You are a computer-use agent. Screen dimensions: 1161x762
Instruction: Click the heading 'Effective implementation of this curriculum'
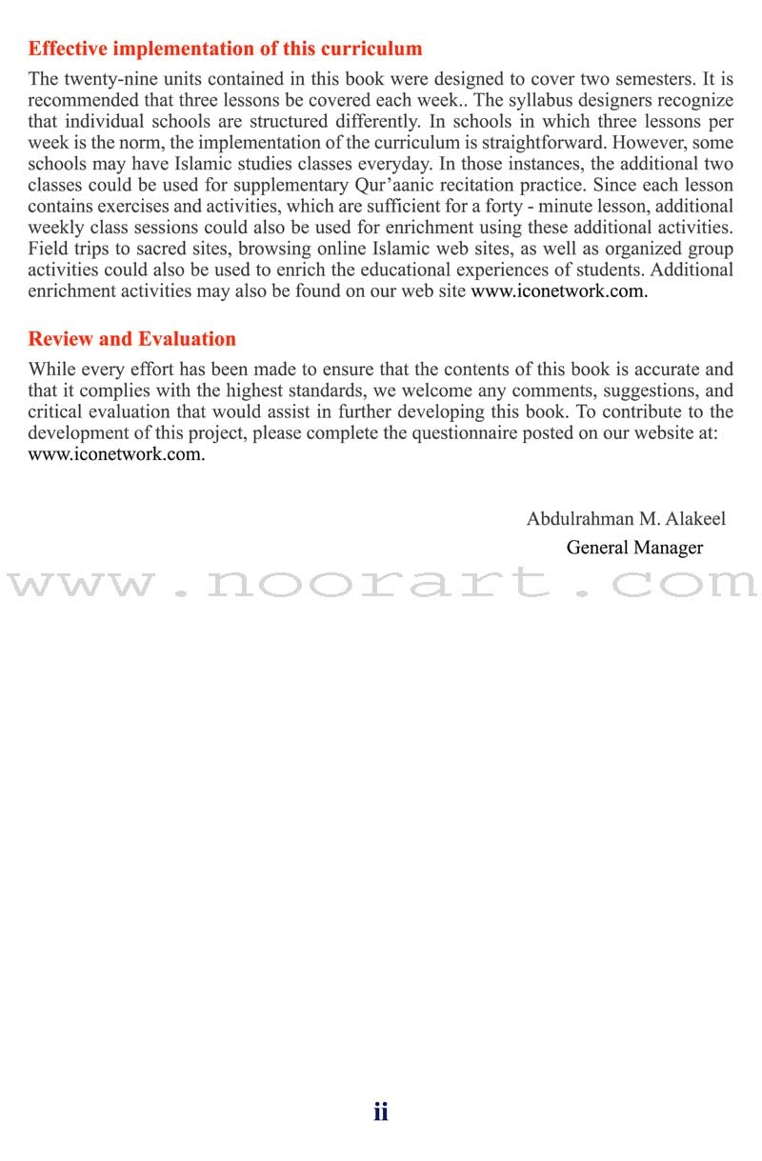coord(225,49)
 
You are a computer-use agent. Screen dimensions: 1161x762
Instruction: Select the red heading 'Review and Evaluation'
coord(131,339)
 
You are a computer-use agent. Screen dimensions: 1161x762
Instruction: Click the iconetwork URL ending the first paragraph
coord(559,291)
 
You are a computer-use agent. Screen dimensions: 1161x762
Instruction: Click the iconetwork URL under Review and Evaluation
coord(116,454)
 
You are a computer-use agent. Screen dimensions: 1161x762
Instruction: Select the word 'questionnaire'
coord(477,433)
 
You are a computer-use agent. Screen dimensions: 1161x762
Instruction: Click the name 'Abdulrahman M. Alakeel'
coord(626,519)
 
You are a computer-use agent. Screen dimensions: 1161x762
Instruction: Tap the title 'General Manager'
coord(634,548)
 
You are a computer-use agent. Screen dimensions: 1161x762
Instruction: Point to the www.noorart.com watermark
coord(381,582)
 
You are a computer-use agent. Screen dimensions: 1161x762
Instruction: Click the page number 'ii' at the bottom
coord(381,1111)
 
